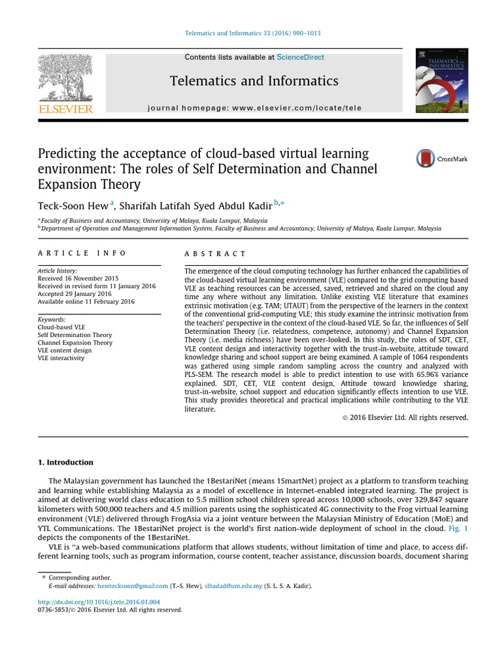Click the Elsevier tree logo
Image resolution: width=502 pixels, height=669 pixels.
pos(65,76)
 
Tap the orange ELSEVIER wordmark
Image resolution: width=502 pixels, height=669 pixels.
pos(65,109)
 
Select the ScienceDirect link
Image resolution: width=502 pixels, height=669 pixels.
pos(300,57)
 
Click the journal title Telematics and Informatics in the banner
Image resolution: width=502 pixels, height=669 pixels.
pos(254,81)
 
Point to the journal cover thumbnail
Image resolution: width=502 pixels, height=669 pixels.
pos(442,80)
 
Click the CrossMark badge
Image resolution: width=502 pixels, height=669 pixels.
pos(442,159)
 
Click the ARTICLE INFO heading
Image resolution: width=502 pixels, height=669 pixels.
pos(82,253)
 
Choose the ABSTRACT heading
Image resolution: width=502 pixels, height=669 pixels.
pos(216,253)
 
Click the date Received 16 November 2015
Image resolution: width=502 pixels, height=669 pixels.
pos(78,278)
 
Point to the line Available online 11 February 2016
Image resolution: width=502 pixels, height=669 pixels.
pos(86,302)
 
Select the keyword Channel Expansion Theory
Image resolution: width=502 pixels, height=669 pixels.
pos(75,342)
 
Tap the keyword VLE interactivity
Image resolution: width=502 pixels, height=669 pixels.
pos(61,358)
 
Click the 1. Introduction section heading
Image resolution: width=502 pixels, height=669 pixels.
pos(65,463)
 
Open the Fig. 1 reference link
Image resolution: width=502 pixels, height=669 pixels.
pos(457,527)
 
